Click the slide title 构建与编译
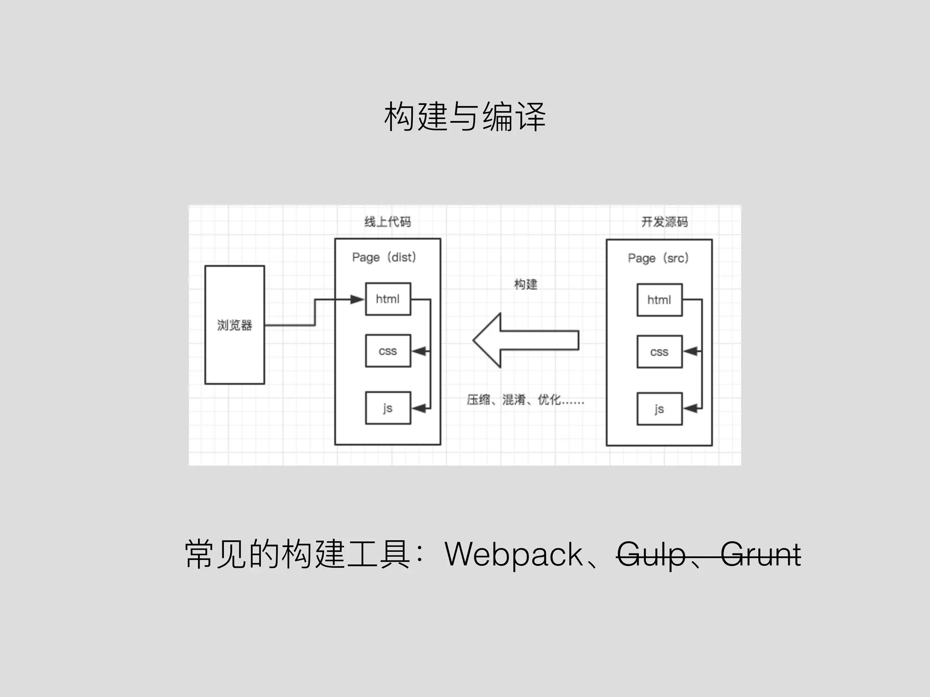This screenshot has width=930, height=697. coord(465,117)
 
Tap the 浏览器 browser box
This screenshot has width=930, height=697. coord(234,325)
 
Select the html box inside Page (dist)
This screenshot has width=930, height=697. coord(388,299)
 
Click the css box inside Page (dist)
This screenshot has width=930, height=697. coord(388,351)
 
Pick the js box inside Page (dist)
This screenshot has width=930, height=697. coord(388,408)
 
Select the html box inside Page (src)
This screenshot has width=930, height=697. coord(659,300)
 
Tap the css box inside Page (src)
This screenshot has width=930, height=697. coord(659,352)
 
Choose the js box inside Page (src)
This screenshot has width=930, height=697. coord(659,409)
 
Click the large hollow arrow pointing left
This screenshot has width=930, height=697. coord(526,340)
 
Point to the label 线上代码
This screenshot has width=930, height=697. coord(387,222)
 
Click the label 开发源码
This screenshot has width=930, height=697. coord(664,222)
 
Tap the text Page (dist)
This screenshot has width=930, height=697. coord(384,257)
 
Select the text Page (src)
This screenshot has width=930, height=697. coord(658,258)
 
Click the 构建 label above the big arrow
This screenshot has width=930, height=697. coord(525,285)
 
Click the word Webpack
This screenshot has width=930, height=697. coord(514,555)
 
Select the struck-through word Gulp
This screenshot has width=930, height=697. coord(651,555)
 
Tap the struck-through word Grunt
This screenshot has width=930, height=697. coord(761,555)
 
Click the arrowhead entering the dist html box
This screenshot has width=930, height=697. coord(357,299)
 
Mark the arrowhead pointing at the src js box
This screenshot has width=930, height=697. coord(690,409)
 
